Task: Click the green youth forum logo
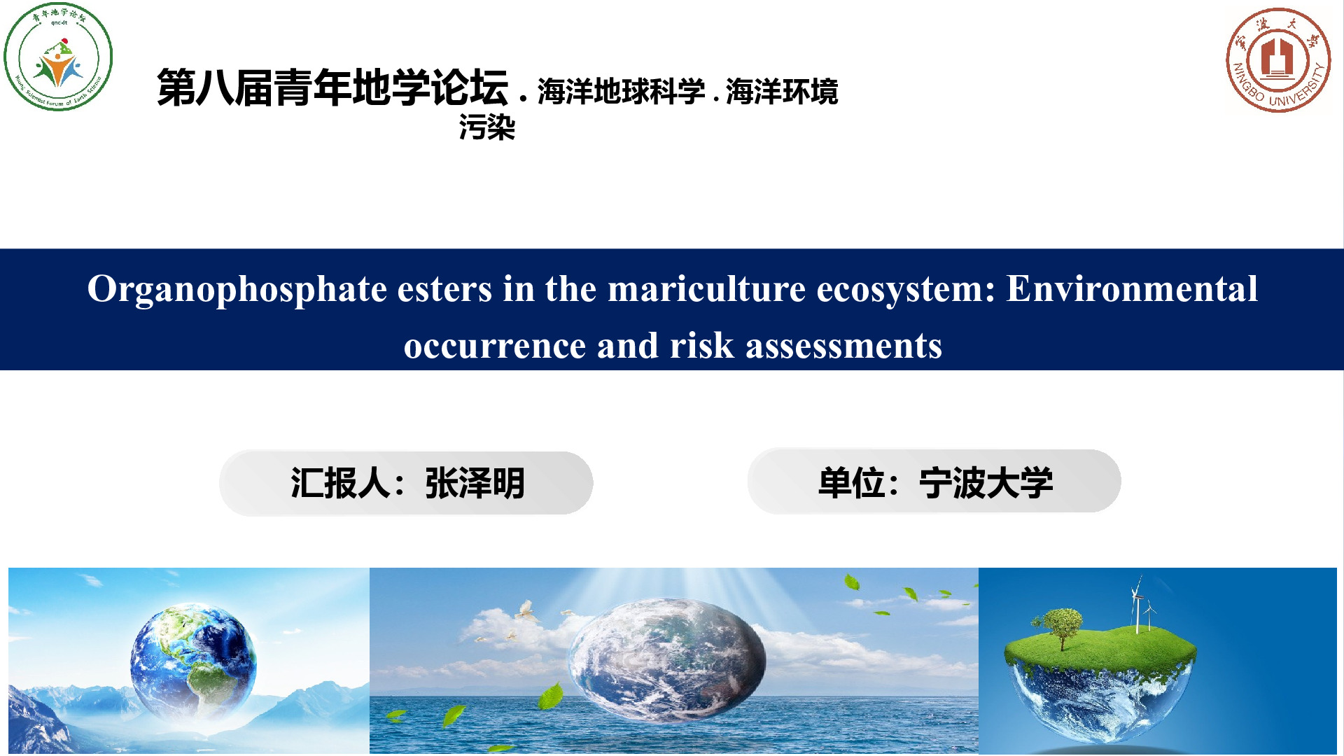pos(58,57)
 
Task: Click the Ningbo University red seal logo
pos(1278,60)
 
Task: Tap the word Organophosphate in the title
pos(237,289)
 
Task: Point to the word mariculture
pos(706,288)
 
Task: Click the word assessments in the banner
pos(843,346)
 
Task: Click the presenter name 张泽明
pos(475,483)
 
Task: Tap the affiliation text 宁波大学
pos(986,483)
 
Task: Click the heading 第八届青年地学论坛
pos(332,87)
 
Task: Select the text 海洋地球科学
pos(621,92)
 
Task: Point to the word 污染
pos(487,127)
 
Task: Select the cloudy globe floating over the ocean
pos(667,660)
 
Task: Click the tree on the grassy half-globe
pos(1062,627)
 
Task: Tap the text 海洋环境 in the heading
pos(782,92)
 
